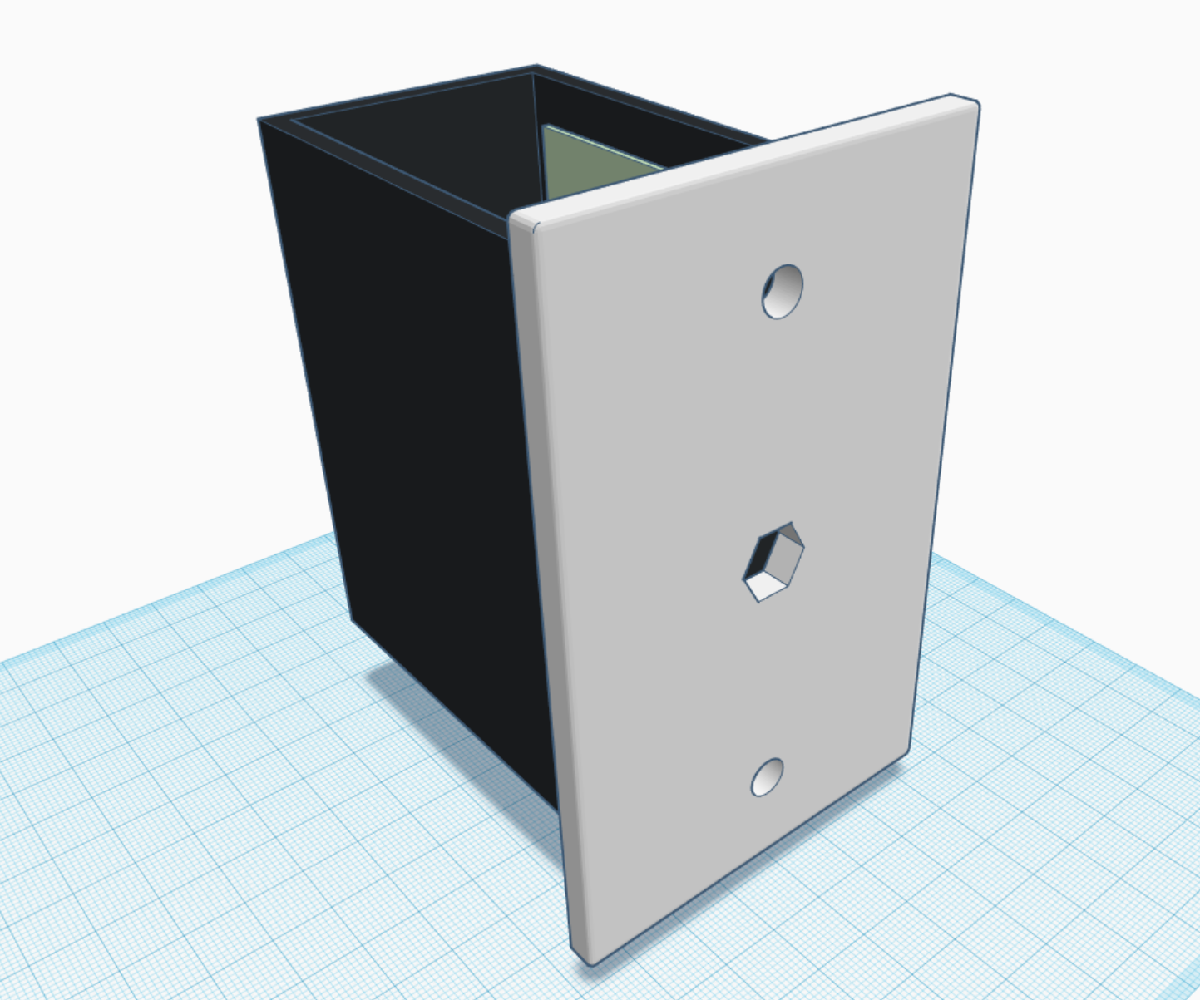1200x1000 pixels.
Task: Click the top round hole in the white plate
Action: pyautogui.click(x=783, y=291)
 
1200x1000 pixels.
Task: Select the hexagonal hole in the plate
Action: pyautogui.click(x=773, y=561)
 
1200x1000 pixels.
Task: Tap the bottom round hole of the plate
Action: pyautogui.click(x=767, y=776)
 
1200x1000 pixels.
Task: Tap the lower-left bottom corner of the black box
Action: pyautogui.click(x=353, y=618)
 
